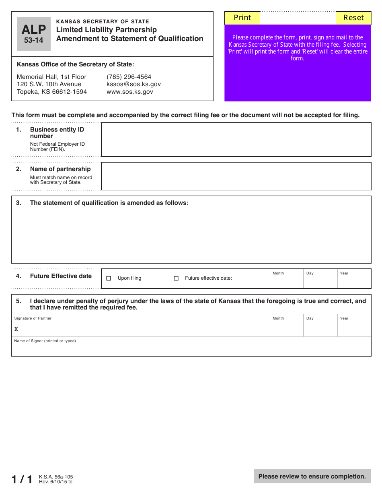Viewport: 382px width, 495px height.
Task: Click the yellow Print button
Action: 242,18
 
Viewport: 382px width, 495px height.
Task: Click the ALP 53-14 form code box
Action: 34,34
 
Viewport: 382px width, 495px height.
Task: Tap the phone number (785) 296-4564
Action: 129,77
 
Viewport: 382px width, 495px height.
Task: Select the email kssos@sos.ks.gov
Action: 133,84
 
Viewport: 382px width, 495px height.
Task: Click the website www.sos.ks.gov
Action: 129,92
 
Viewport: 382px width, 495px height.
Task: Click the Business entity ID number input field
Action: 236,140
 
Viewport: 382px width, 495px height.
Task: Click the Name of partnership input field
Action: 236,176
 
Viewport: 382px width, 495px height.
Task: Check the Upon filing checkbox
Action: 109,278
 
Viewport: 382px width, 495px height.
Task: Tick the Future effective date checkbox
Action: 176,278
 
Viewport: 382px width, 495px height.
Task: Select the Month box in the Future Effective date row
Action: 286,281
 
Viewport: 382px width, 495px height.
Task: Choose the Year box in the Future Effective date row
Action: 354,281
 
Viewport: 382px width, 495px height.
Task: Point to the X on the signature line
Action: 16,329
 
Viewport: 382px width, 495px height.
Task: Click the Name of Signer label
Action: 45,341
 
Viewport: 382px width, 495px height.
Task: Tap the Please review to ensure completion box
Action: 312,476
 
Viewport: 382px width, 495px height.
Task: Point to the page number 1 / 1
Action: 22,479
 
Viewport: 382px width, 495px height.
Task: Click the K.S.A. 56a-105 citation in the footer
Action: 56,476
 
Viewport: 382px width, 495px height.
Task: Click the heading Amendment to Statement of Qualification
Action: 129,39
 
